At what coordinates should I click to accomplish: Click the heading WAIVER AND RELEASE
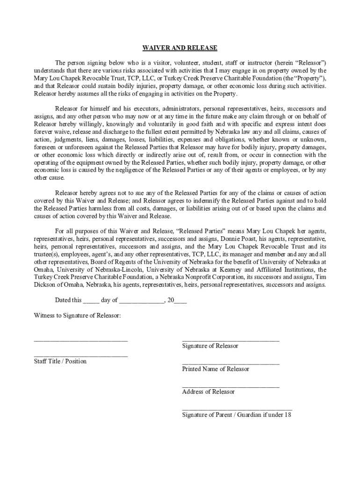tap(180, 48)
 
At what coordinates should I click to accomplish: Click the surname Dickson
tap(44, 285)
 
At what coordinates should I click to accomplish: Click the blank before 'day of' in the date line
tap(91, 301)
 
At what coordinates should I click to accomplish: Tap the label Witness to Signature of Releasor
tap(77, 315)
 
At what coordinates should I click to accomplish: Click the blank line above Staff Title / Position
tap(80, 356)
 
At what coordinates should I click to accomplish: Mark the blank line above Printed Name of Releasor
tap(230, 363)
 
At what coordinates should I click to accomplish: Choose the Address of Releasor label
tap(208, 392)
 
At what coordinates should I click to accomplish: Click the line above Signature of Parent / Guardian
tap(237, 409)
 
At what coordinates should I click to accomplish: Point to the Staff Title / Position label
tap(60, 361)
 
